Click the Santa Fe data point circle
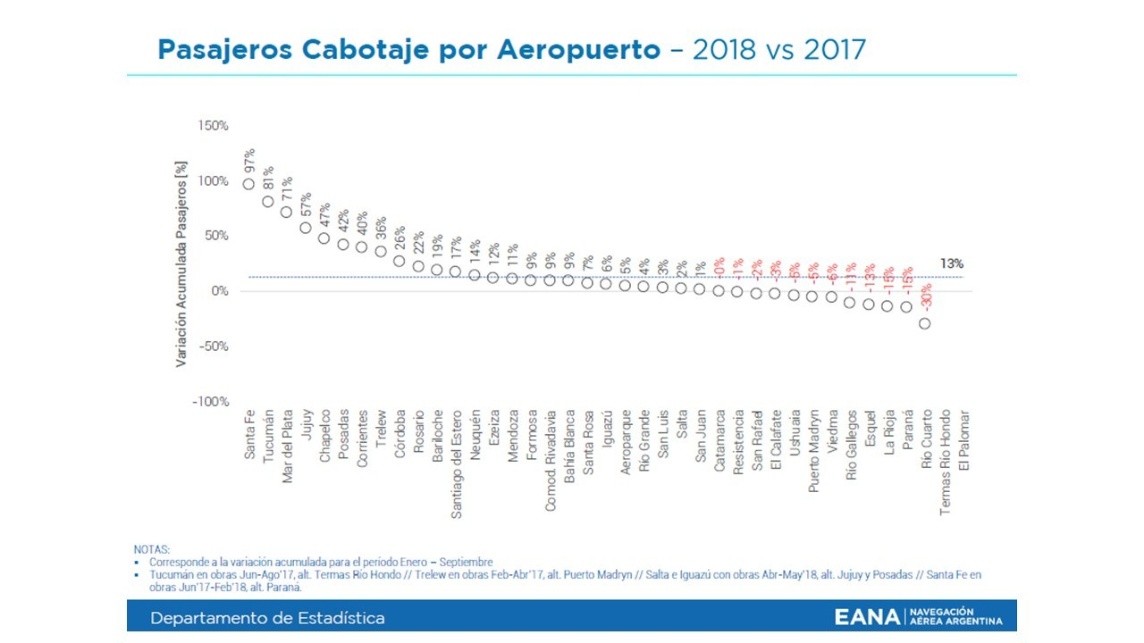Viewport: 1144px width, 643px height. point(248,184)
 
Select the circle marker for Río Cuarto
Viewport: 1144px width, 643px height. point(925,323)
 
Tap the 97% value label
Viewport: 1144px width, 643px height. point(249,160)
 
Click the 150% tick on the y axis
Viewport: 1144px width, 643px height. point(214,126)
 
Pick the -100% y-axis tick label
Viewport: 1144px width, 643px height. point(211,402)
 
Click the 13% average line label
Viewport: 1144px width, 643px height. point(952,263)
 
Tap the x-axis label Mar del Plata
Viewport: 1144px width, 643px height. point(287,447)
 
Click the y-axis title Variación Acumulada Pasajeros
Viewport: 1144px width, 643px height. point(181,264)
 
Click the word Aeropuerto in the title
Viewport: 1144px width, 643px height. point(562,49)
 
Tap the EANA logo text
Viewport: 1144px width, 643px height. point(867,617)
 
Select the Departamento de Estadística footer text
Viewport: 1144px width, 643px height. point(267,618)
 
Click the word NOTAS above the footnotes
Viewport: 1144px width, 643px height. point(151,549)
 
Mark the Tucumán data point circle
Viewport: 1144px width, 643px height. point(268,202)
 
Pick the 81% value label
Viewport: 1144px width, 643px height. point(268,178)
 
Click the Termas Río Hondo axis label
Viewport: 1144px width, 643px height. point(945,461)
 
